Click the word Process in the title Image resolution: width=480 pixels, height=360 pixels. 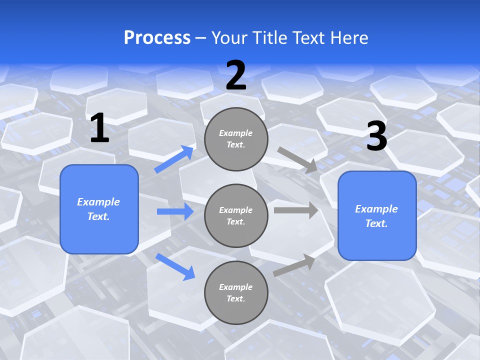coord(157,38)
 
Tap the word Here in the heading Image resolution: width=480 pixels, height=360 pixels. coord(348,38)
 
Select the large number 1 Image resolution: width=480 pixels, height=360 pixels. coord(99,128)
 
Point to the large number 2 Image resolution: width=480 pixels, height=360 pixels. coord(236,75)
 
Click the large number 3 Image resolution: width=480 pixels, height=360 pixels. coord(376,136)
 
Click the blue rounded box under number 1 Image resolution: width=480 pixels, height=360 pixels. coord(99,209)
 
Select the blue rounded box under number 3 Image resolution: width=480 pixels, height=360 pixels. coord(377,215)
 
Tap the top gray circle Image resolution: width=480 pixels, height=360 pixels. coord(236,139)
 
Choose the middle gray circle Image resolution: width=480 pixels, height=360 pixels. coord(236,215)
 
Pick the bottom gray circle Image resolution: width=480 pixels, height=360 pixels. coord(236,292)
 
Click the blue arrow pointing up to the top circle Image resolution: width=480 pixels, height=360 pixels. coord(174,159)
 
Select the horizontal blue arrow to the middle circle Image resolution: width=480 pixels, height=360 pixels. coord(175,211)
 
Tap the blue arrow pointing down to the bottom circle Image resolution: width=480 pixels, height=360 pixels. coord(175,266)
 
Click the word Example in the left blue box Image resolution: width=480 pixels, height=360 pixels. coord(98,202)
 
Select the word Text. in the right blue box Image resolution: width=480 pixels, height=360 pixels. coord(376,223)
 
